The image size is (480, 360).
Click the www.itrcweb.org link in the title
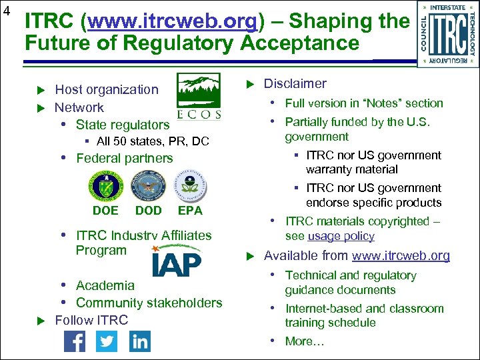(x=172, y=21)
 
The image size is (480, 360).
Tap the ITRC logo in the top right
(x=448, y=33)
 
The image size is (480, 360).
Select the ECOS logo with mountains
(x=199, y=96)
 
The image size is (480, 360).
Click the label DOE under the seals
(x=105, y=211)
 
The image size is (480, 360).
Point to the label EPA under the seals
(x=190, y=211)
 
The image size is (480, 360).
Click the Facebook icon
(x=75, y=341)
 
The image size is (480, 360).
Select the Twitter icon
(x=107, y=341)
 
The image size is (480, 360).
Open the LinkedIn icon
(x=140, y=341)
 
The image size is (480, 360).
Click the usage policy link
(x=341, y=236)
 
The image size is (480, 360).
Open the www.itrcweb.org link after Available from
(x=401, y=256)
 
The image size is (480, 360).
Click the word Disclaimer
(x=295, y=84)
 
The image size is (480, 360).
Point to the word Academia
(x=105, y=285)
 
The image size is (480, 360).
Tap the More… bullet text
(x=305, y=341)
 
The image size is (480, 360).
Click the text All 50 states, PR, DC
(x=153, y=141)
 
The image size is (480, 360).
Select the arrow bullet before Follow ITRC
(x=39, y=321)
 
